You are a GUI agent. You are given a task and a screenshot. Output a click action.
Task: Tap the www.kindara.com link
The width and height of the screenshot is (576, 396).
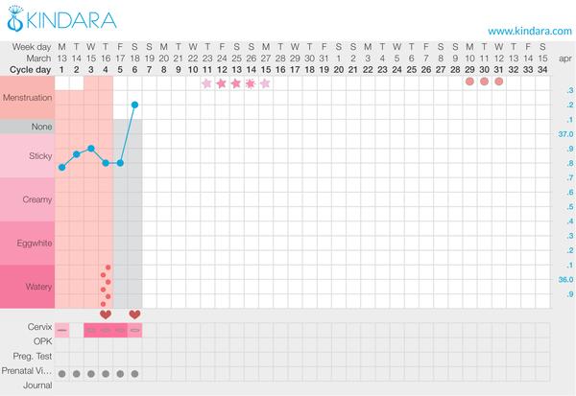point(529,31)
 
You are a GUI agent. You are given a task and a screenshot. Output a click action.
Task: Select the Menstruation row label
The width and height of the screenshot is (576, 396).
point(28,98)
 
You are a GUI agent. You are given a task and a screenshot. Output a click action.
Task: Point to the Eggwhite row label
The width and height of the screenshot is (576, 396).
point(28,243)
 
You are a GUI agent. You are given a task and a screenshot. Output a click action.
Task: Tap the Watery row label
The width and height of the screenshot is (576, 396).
point(28,286)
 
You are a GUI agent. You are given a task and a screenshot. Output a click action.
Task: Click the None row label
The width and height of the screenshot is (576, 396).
point(28,127)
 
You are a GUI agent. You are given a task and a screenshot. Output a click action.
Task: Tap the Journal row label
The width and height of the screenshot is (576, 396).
point(27,386)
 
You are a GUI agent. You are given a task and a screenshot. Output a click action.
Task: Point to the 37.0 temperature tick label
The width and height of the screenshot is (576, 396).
point(565,135)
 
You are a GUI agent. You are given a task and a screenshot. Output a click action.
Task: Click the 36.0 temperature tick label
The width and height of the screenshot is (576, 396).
point(565,279)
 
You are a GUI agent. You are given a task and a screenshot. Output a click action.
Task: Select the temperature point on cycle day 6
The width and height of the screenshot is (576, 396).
point(134,105)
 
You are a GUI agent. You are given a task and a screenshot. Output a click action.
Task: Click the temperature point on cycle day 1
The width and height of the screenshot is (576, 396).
point(62,168)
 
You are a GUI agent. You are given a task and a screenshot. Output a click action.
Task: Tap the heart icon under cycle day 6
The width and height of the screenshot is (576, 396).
point(134,314)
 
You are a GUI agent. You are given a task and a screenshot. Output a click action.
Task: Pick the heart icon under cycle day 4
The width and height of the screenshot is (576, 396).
point(106,314)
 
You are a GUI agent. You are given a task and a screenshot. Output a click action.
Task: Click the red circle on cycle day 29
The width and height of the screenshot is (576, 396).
point(469,82)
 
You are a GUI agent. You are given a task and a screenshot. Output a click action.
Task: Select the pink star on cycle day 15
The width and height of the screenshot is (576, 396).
point(265,83)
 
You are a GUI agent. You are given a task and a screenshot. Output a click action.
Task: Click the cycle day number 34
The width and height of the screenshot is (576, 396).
point(542,69)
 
